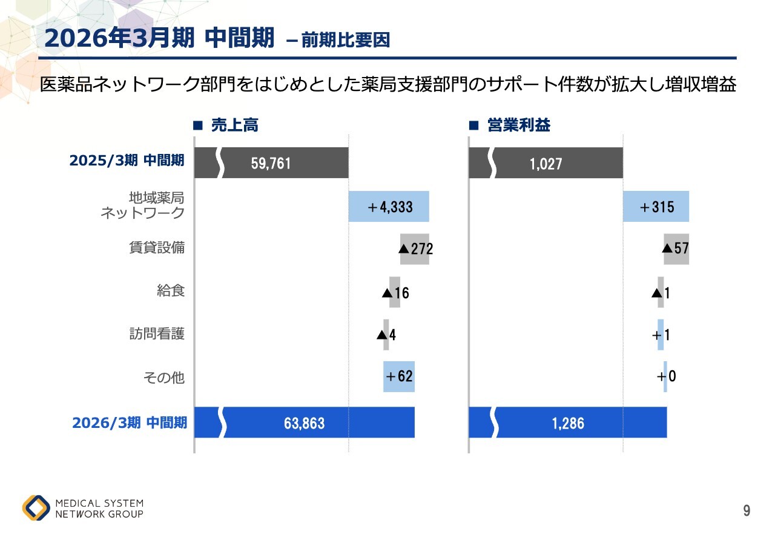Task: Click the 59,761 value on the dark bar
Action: pos(271,164)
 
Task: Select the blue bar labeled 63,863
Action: pos(304,422)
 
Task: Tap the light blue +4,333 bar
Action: pos(389,207)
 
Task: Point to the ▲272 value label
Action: pos(416,248)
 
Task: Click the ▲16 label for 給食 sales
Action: pos(395,293)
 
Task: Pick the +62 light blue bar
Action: pos(399,376)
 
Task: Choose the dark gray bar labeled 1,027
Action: pos(546,164)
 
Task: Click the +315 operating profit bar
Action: pos(656,207)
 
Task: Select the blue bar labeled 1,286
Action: pos(568,422)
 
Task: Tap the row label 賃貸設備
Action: pos(157,248)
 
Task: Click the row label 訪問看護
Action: pos(157,334)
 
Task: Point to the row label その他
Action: pos(164,378)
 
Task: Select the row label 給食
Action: pos(171,291)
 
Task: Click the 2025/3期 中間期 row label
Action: pos(127,161)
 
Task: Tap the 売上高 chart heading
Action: pos(234,125)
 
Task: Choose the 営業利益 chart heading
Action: pos(519,125)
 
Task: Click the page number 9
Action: pos(747,511)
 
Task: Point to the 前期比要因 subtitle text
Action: pos(345,41)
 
